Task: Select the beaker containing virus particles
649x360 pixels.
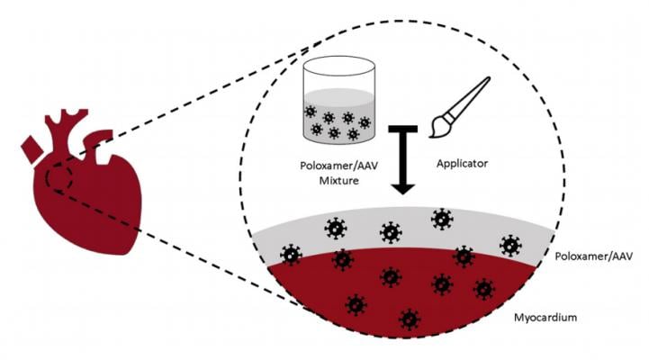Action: [x=338, y=104]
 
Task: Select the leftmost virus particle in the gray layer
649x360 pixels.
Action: [x=290, y=256]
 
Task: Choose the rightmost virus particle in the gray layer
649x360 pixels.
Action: [x=510, y=244]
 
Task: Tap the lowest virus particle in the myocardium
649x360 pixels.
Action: [x=410, y=319]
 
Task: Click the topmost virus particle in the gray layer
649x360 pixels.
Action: [x=441, y=219]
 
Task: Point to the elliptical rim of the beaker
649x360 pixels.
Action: [x=338, y=65]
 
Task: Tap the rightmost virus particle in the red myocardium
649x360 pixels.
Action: [x=484, y=288]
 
